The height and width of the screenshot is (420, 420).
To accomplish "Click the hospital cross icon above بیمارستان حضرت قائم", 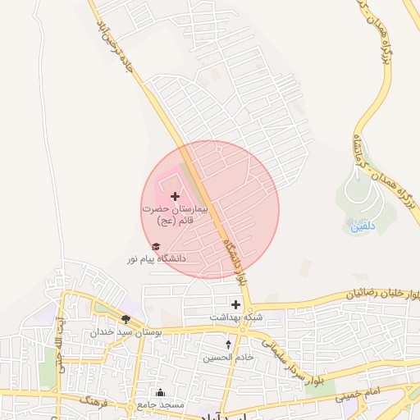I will pyautogui.click(x=175, y=197).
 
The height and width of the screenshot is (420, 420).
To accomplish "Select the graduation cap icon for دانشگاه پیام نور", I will pyautogui.click(x=155, y=246).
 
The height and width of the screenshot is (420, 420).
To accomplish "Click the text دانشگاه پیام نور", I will pyautogui.click(x=156, y=258).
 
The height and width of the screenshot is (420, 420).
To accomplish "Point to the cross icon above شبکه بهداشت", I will pyautogui.click(x=236, y=304).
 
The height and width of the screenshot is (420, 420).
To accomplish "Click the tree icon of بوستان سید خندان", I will pyautogui.click(x=126, y=320).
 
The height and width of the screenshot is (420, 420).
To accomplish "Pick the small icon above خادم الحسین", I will pyautogui.click(x=228, y=345).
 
